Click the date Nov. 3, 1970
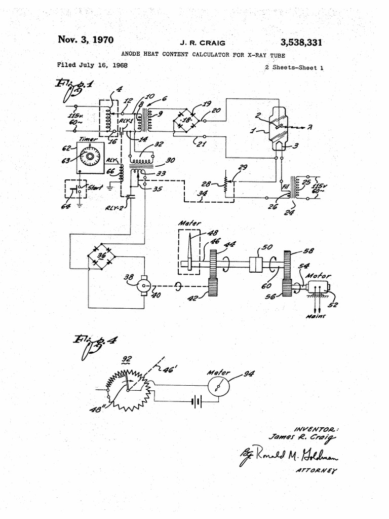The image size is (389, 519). (86, 40)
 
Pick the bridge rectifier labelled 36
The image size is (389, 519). (101, 256)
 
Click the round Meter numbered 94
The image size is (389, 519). (218, 388)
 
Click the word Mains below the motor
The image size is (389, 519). (315, 316)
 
